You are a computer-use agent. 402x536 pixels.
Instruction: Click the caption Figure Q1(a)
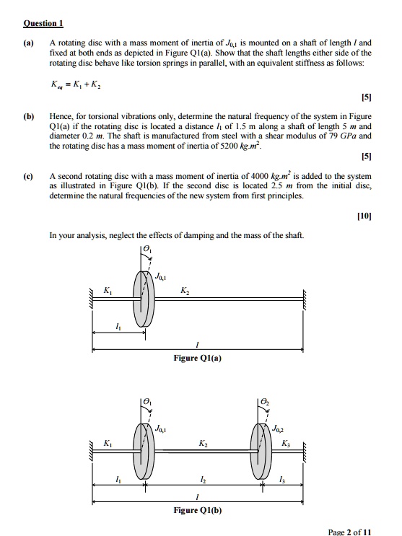pyautogui.click(x=197, y=358)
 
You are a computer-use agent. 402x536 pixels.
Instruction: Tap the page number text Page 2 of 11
pyautogui.click(x=349, y=532)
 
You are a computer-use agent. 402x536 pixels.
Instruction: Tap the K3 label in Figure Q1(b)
pyautogui.click(x=287, y=443)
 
